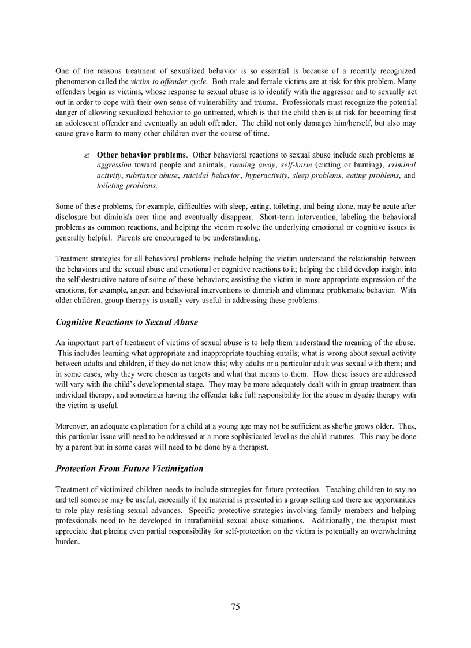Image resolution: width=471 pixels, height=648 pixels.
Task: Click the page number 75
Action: [235, 606]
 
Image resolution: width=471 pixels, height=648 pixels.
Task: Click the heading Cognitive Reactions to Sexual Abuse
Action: [126, 323]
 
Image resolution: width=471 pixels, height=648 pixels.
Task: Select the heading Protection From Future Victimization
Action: [129, 469]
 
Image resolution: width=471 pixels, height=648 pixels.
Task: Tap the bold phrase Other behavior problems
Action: [141, 155]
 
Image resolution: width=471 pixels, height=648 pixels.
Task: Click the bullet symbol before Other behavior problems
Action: [86, 156]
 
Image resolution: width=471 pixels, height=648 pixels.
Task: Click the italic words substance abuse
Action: [152, 175]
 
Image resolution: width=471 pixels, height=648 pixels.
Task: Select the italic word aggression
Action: [114, 165]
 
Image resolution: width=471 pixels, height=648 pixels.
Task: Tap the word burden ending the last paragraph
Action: [67, 541]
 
